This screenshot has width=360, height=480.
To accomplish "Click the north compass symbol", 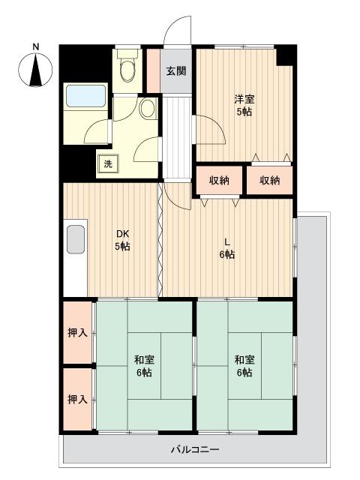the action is tap(35, 70).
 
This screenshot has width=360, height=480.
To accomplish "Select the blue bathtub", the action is tap(85, 96).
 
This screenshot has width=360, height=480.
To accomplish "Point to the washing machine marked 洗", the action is tap(108, 163).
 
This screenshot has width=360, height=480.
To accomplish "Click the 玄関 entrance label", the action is tap(176, 71).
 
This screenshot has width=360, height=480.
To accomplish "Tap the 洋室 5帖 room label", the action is tap(244, 105).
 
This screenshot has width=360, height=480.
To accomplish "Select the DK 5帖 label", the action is tap(122, 240).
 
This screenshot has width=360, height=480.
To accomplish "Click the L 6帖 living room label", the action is tap(226, 248).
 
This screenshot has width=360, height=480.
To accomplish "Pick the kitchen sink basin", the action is tap(76, 239).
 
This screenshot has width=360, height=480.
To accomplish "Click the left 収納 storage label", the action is tap(219, 180).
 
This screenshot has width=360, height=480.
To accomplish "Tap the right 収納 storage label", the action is tap(270, 180).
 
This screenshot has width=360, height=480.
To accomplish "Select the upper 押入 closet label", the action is tap(77, 332).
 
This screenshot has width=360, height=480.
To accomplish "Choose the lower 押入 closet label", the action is tap(77, 399).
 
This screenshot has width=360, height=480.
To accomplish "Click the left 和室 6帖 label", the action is tap(144, 366).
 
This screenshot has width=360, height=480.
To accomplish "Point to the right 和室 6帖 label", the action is tap(244, 366).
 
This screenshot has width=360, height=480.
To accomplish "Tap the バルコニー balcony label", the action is tap(195, 450).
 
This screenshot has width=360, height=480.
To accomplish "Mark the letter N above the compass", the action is tap(36, 46).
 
